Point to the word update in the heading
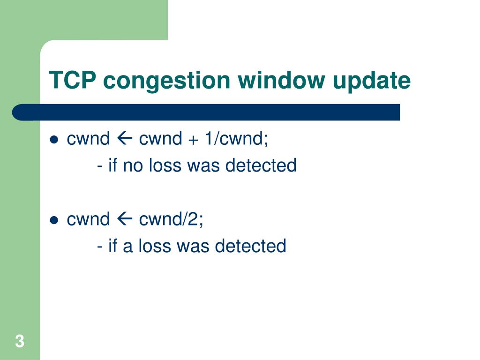tap(372, 81)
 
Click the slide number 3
tap(19, 341)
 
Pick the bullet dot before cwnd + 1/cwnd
tap(54, 140)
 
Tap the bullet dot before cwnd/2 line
tap(54, 220)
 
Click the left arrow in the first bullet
tap(124, 139)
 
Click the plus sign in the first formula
tap(194, 140)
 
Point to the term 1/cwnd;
tap(236, 139)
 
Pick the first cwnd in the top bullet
tap(88, 139)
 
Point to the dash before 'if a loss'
tap(101, 246)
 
